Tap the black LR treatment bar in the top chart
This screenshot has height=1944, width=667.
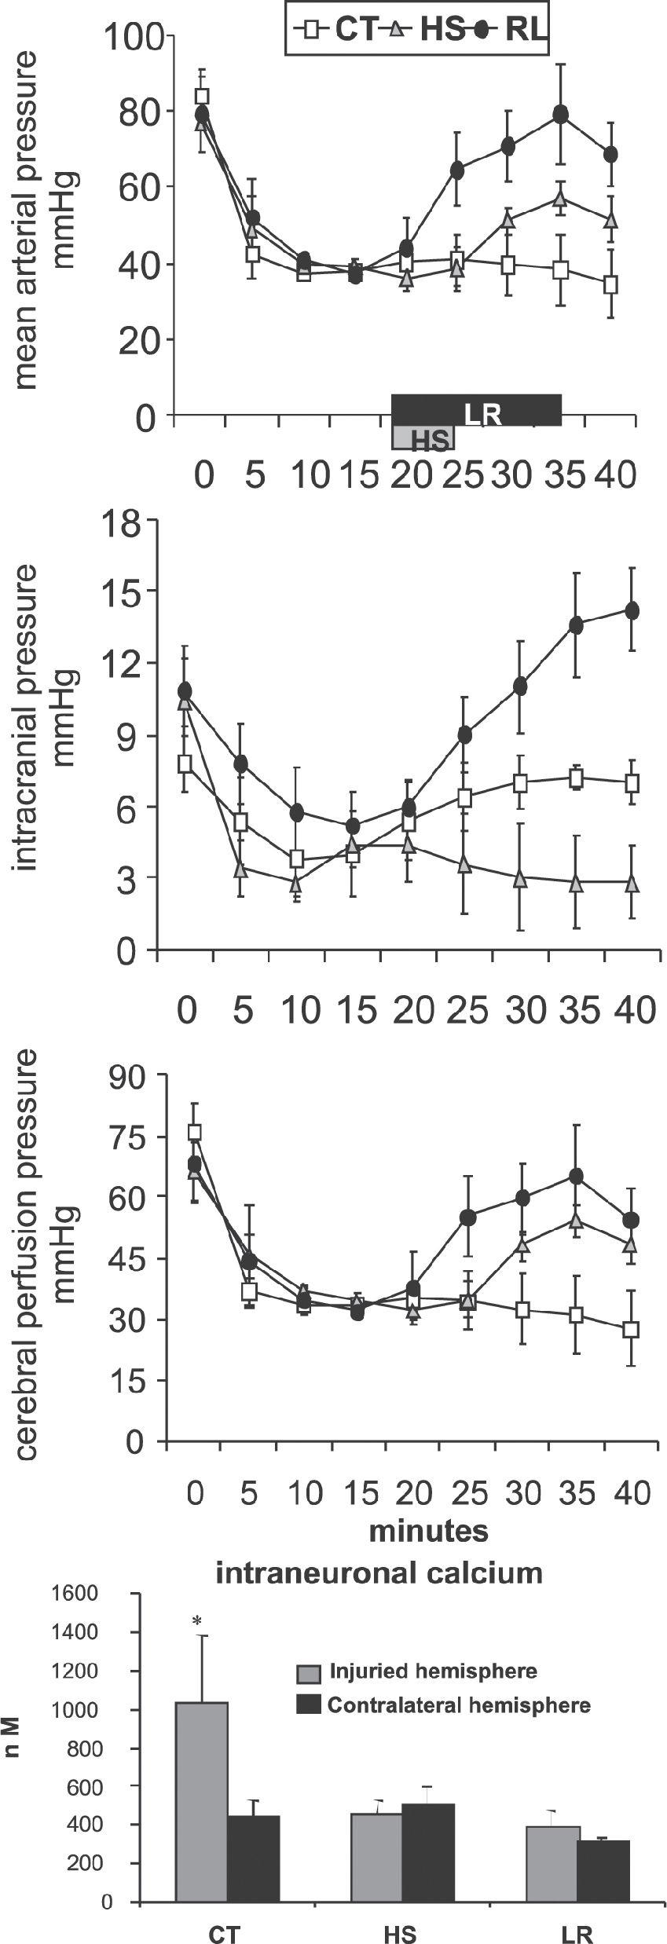(x=477, y=410)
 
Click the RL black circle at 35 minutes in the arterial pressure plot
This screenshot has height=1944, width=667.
(x=560, y=115)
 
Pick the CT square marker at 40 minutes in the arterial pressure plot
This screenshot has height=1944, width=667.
(x=611, y=285)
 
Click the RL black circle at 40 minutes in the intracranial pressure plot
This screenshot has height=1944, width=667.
(x=631, y=610)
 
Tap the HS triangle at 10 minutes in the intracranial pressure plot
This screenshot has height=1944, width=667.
(x=295, y=883)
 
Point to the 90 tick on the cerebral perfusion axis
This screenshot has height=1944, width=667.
(x=129, y=1077)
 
